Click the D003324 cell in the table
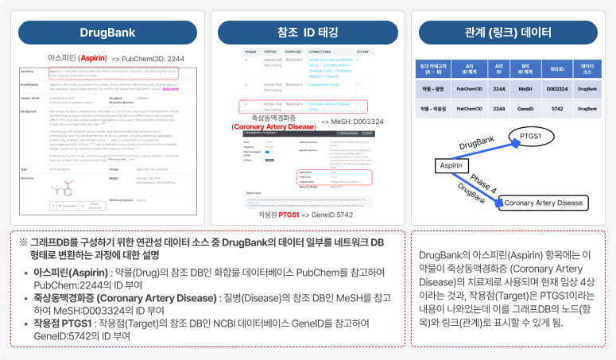(557, 90)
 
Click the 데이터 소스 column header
(587, 68)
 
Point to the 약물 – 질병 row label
(436, 90)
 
